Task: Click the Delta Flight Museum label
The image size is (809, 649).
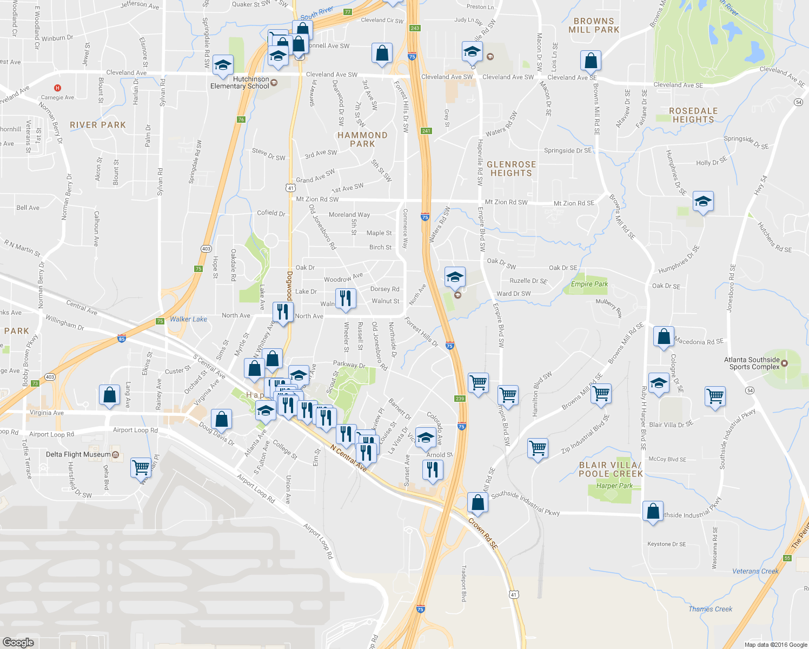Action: (78, 454)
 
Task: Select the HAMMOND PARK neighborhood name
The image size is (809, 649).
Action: (362, 140)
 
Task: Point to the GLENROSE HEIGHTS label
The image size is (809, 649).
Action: (511, 169)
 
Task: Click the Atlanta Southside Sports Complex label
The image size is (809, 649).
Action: (752, 363)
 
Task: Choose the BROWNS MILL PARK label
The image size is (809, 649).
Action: (594, 25)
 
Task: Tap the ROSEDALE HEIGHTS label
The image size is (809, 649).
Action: (693, 115)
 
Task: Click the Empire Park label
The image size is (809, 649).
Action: (589, 284)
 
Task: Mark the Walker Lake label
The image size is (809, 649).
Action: (188, 319)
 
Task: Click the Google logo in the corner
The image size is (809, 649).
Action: (18, 642)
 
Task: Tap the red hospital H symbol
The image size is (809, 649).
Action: (57, 88)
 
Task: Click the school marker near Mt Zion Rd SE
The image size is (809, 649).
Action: (702, 202)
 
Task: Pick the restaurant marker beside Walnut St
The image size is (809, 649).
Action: (346, 298)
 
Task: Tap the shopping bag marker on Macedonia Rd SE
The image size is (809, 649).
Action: (664, 337)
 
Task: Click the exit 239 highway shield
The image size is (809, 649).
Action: (460, 399)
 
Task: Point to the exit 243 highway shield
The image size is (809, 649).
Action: (415, 28)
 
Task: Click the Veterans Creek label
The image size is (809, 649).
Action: (755, 571)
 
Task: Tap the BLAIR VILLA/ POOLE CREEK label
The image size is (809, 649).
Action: (611, 469)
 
